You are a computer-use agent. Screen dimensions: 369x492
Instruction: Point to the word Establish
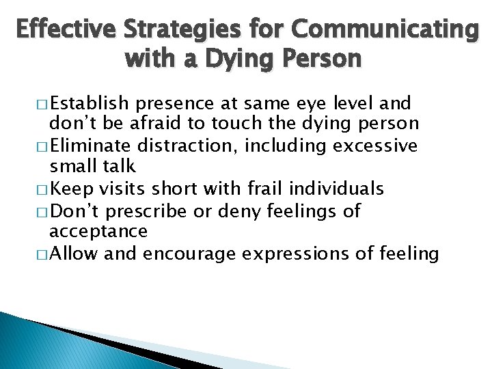click(x=90, y=104)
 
